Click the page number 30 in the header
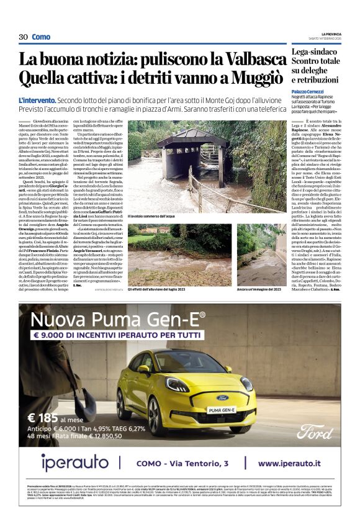coord(23,37)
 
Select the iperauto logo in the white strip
coord(75,462)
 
